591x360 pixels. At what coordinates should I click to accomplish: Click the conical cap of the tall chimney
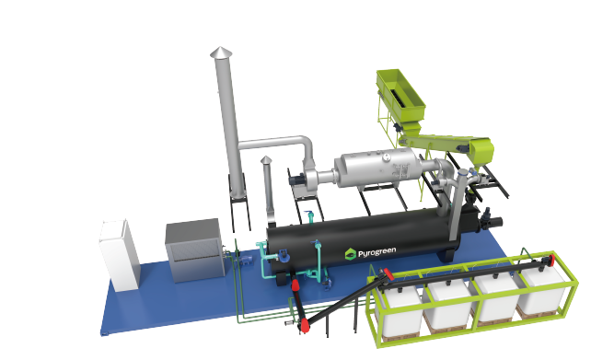[221, 52]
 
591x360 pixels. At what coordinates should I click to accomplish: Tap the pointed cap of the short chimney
[266, 160]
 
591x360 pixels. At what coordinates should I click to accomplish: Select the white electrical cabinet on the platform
[120, 255]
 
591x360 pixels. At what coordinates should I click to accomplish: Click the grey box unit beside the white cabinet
[195, 250]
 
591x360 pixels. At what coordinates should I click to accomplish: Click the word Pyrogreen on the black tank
[377, 251]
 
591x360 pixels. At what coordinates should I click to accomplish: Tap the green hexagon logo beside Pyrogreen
[351, 254]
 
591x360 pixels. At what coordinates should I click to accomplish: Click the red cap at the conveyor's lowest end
[304, 325]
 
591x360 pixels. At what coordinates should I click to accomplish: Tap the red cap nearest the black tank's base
[295, 285]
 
